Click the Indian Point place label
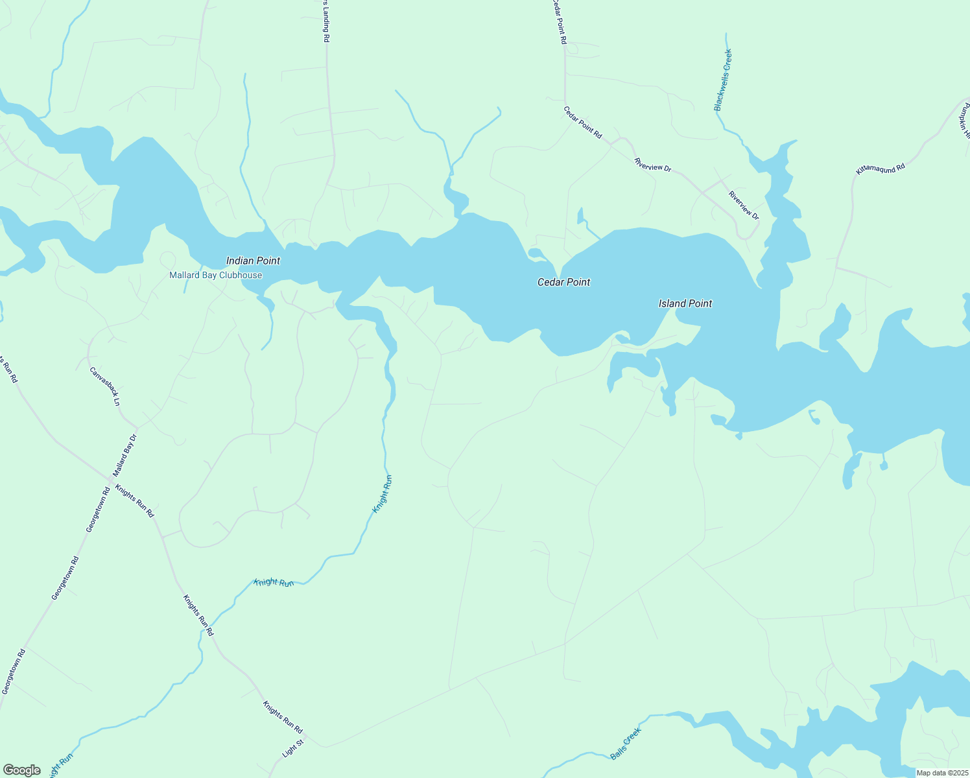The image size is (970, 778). click(253, 261)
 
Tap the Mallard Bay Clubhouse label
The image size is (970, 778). click(216, 275)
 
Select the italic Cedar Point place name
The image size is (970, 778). click(564, 282)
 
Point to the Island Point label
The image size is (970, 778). click(685, 303)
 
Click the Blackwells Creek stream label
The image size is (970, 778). click(723, 80)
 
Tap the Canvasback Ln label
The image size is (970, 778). click(105, 386)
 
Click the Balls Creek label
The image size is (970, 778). click(626, 744)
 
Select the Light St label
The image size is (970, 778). click(293, 749)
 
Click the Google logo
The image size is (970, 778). click(21, 770)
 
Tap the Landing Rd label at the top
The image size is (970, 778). click(326, 21)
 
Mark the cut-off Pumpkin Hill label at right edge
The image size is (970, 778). click(964, 121)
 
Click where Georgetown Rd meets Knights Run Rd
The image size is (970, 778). click(108, 480)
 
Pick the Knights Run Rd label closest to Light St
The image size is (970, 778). click(283, 717)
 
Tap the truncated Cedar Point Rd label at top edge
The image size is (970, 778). click(560, 21)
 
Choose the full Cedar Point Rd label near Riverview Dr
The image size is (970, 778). click(582, 123)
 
